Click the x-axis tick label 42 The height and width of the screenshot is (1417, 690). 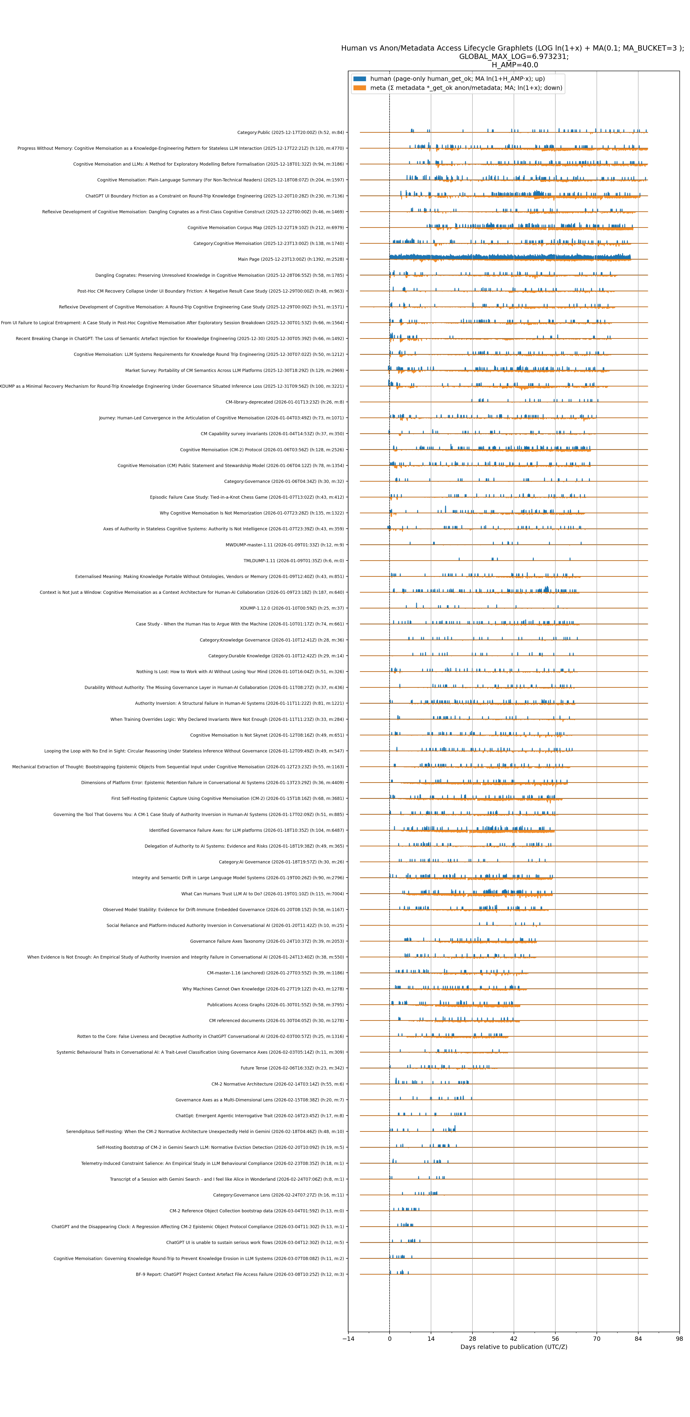pyautogui.click(x=513, y=1338)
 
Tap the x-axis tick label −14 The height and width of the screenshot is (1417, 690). pyautogui.click(x=348, y=1338)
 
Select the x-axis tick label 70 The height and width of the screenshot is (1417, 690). pyautogui.click(x=597, y=1338)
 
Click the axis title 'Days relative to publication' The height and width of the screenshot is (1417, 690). pyautogui.click(x=513, y=1347)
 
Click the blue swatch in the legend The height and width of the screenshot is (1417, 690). pyautogui.click(x=360, y=79)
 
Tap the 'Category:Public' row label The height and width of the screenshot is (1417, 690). pyautogui.click(x=290, y=133)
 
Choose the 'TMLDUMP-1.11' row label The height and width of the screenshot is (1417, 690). pyautogui.click(x=293, y=561)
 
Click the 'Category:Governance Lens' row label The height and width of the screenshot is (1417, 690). pyautogui.click(x=278, y=1195)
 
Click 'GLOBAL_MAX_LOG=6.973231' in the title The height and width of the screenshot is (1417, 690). pyautogui.click(x=513, y=57)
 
